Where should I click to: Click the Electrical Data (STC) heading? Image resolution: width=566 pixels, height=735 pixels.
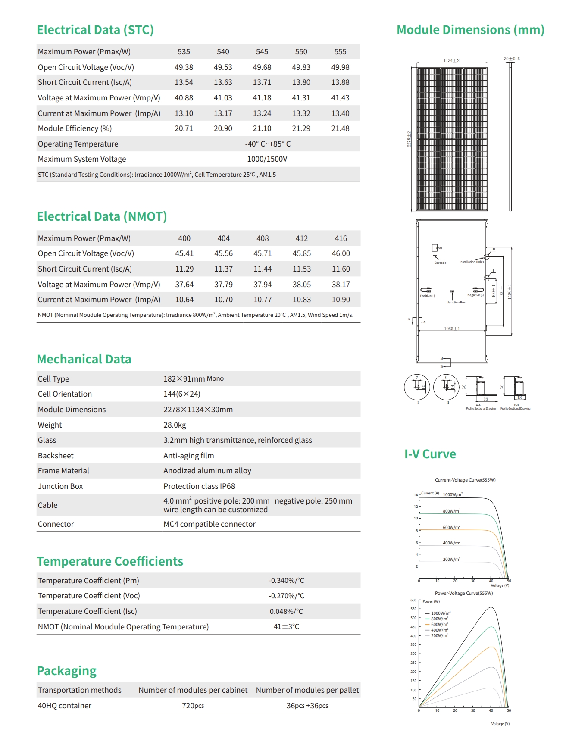pyautogui.click(x=95, y=30)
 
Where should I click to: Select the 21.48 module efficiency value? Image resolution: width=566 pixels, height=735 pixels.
pyautogui.click(x=340, y=128)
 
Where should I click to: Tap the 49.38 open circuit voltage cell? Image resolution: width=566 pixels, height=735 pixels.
pyautogui.click(x=184, y=67)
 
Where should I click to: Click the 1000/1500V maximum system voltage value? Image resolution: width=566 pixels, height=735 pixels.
pyautogui.click(x=267, y=159)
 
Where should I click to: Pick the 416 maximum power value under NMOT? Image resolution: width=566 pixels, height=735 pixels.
pyautogui.click(x=341, y=238)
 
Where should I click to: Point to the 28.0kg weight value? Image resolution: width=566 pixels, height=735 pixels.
pyautogui.click(x=175, y=425)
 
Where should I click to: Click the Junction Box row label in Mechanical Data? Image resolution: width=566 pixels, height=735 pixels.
pyautogui.click(x=60, y=486)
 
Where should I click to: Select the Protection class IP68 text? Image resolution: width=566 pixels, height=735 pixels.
pyautogui.click(x=199, y=486)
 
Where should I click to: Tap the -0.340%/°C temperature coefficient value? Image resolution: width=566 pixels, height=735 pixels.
pyautogui.click(x=286, y=581)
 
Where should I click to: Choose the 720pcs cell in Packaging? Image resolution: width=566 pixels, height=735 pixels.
pyautogui.click(x=193, y=706)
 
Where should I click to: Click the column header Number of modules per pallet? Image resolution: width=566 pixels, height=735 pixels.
pyautogui.click(x=307, y=690)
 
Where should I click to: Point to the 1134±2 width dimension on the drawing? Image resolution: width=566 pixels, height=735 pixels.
pyautogui.click(x=451, y=61)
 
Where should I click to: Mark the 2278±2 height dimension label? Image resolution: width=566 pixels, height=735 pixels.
pyautogui.click(x=409, y=139)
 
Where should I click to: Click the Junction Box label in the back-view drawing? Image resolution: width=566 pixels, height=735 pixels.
pyautogui.click(x=456, y=303)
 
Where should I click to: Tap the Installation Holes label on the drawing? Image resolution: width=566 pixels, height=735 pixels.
pyautogui.click(x=472, y=262)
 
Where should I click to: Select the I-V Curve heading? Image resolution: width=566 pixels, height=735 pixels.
pyautogui.click(x=430, y=454)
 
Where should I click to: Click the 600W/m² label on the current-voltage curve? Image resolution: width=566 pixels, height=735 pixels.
pyautogui.click(x=451, y=528)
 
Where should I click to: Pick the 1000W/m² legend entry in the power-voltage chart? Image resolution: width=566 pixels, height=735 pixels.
pyautogui.click(x=440, y=613)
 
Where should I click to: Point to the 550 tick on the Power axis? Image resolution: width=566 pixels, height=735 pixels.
pyautogui.click(x=413, y=609)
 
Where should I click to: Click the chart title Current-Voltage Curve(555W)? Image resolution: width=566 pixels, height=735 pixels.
pyautogui.click(x=465, y=480)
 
